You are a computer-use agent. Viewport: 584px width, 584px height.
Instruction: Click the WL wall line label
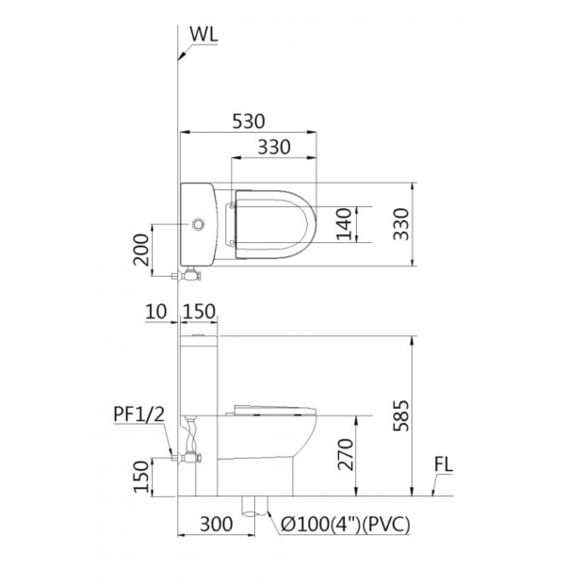tap(203, 34)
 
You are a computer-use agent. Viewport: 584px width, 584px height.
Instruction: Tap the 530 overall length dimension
tap(249, 122)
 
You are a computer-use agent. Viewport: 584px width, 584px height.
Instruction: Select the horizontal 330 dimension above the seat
tap(274, 147)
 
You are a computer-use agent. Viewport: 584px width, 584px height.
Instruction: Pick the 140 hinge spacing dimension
tap(344, 224)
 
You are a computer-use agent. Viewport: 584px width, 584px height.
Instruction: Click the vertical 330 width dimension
tap(401, 224)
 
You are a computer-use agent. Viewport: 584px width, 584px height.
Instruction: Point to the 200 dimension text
tap(141, 250)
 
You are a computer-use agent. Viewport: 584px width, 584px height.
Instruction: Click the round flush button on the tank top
tap(198, 224)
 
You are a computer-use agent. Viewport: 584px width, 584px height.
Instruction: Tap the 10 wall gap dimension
tap(156, 312)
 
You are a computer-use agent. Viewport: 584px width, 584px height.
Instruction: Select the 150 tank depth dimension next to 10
tap(200, 312)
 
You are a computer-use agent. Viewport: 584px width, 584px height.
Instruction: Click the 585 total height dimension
tap(401, 416)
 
